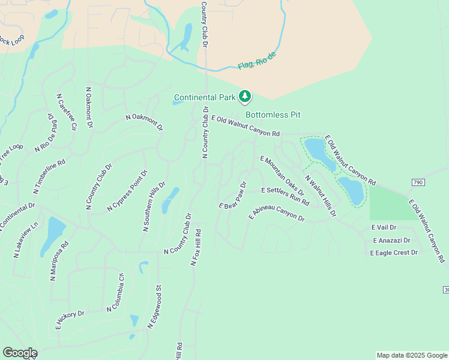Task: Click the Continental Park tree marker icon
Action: point(244,96)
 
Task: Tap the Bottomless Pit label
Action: point(273,115)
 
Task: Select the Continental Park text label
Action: point(204,97)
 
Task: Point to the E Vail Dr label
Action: point(384,227)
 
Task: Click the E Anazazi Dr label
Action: point(391,240)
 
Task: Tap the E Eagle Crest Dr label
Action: point(394,253)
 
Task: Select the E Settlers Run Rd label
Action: point(285,193)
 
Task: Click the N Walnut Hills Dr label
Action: point(321,196)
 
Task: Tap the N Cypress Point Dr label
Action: point(127,191)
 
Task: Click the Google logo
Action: point(20,353)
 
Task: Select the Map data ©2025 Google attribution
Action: point(411,355)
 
